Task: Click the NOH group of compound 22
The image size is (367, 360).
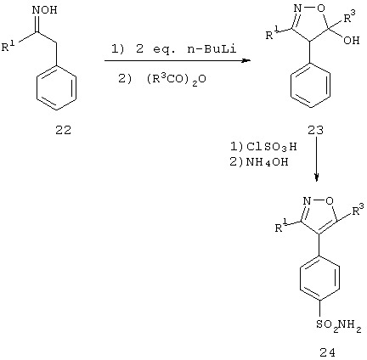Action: pyautogui.click(x=45, y=9)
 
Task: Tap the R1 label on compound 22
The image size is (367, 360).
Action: pyautogui.click(x=9, y=46)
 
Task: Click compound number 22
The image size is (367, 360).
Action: pyautogui.click(x=64, y=131)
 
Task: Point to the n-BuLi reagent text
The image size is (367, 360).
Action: pyautogui.click(x=212, y=50)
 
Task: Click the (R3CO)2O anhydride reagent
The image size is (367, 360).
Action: pyautogui.click(x=176, y=80)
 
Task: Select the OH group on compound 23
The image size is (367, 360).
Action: pyautogui.click(x=351, y=40)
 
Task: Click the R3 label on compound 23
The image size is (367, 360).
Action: pyautogui.click(x=349, y=17)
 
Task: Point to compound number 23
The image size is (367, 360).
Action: pyautogui.click(x=315, y=131)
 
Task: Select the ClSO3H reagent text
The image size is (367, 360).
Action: pyautogui.click(x=271, y=147)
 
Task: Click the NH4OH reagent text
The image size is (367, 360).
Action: pyautogui.click(x=268, y=162)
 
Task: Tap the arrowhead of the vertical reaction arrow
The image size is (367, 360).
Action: pyautogui.click(x=317, y=177)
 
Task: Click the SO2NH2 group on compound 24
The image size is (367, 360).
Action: pyautogui.click(x=339, y=324)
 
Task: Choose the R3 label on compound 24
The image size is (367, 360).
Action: pyautogui.click(x=358, y=210)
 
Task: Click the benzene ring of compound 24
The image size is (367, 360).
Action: pyautogui.click(x=319, y=278)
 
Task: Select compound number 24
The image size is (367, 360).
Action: pyautogui.click(x=327, y=352)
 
